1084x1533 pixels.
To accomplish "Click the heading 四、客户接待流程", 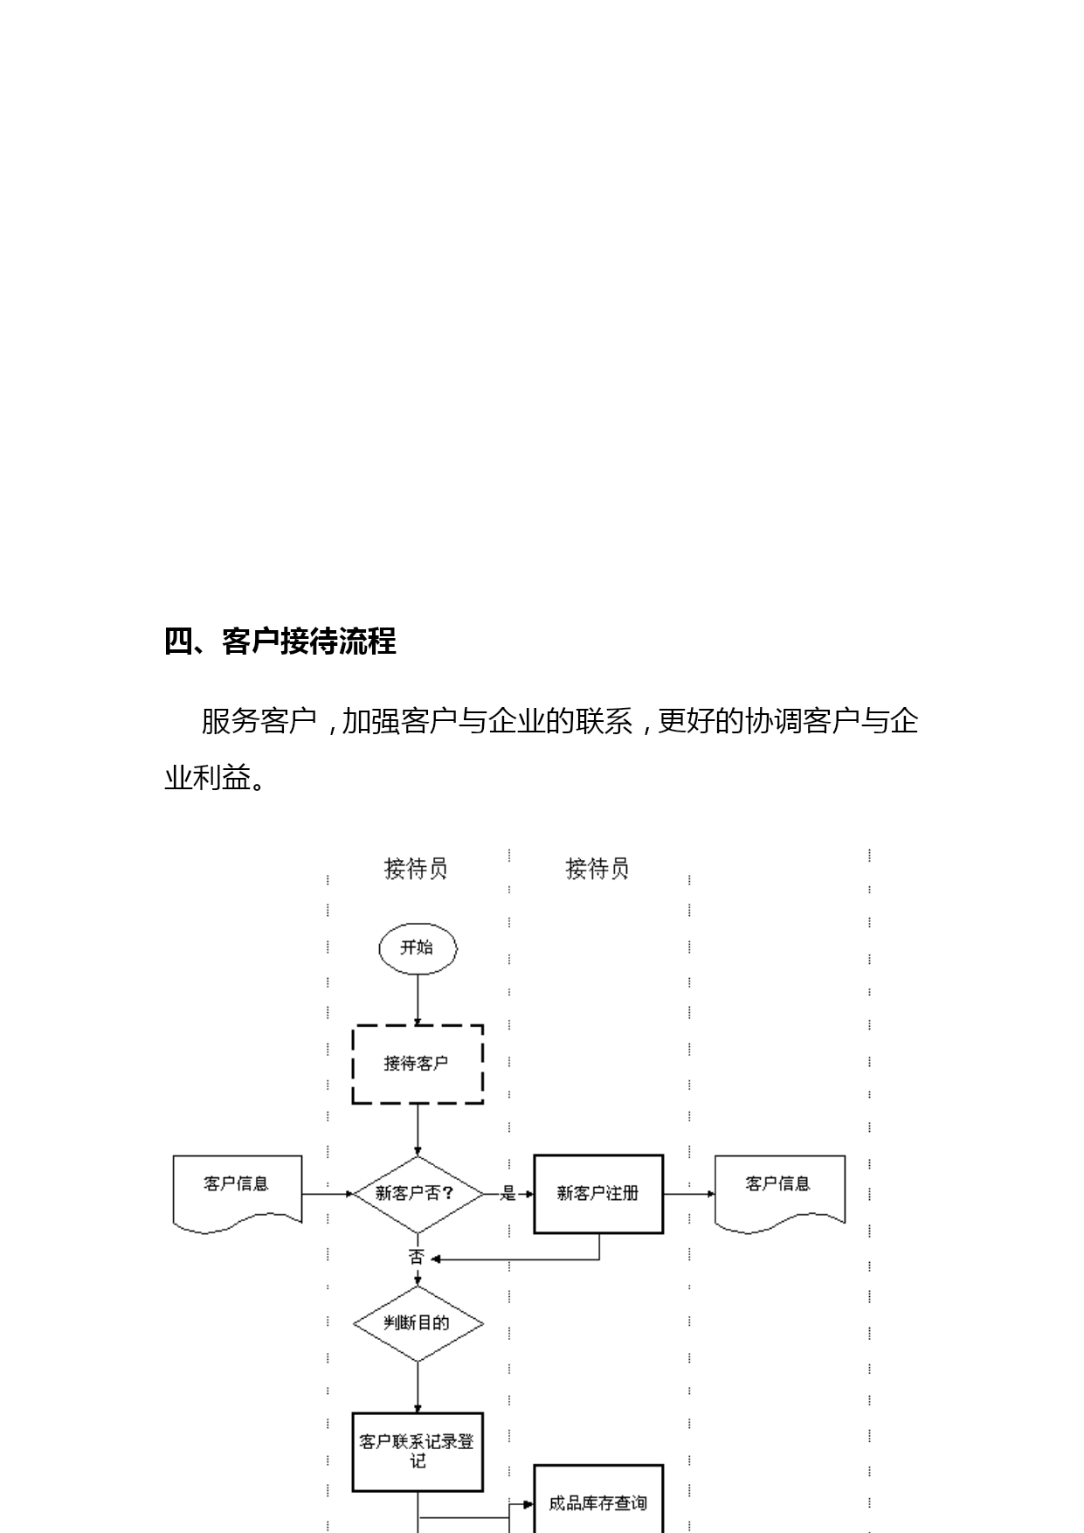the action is point(280,642).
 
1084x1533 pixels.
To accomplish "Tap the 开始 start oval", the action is point(418,948).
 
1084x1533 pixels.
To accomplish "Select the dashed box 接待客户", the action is point(418,1064).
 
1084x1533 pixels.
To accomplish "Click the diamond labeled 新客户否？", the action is point(418,1194).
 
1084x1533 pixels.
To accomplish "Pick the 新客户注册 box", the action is point(598,1194).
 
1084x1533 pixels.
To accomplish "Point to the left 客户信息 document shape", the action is point(238,1193).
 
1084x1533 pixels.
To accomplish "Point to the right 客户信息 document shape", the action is point(779,1193).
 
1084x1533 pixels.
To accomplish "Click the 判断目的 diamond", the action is point(418,1323).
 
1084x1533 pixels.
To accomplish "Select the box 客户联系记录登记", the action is point(418,1452).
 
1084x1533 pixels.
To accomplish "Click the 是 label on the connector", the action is point(508,1194).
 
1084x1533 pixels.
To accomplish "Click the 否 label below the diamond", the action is point(416,1258).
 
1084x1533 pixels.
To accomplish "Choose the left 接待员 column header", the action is point(416,868).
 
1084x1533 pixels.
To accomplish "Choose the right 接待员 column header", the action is point(597,868).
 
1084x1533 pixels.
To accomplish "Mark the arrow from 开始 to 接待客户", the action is point(418,999).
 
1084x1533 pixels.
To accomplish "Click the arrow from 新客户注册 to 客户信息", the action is point(689,1194).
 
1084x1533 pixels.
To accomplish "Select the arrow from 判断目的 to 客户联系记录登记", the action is point(418,1387).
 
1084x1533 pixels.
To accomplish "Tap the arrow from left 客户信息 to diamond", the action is point(328,1194).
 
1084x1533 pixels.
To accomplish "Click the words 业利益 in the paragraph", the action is point(207,776).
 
